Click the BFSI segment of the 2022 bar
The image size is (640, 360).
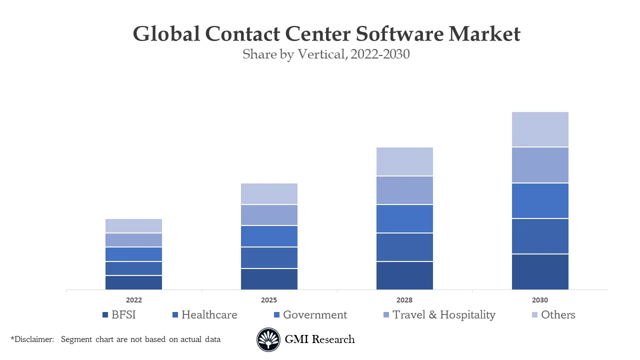tap(133, 282)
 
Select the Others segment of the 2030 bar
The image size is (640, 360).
tap(540, 129)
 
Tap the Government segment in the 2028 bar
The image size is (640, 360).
tap(404, 218)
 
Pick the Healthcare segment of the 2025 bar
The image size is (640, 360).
tap(269, 257)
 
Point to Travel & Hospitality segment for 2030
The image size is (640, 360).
tap(540, 165)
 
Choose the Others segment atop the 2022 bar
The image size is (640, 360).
tap(133, 226)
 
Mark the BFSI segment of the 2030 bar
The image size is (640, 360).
tap(540, 271)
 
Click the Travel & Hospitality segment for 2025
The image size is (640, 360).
tap(269, 215)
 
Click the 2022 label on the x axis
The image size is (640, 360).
tap(133, 300)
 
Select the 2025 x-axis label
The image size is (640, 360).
tap(269, 300)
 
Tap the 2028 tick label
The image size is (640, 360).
tap(404, 300)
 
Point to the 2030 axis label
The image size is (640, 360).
tap(540, 300)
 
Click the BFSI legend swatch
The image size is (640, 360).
tap(105, 315)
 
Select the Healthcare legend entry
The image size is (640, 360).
tap(209, 315)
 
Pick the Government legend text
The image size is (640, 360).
tap(314, 315)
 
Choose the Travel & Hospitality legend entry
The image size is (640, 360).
tap(443, 315)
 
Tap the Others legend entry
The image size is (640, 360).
tap(558, 315)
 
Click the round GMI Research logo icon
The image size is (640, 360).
tap(268, 339)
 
